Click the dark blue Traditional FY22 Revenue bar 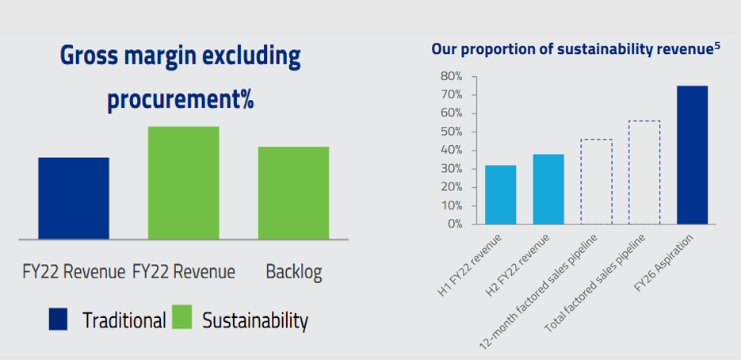tap(74, 198)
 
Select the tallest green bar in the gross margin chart tap(184, 182)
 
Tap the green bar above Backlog tap(293, 193)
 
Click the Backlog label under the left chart tap(293, 272)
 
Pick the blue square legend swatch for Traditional tap(60, 319)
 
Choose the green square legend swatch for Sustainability tap(183, 319)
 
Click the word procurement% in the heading tap(180, 101)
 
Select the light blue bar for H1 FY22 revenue tap(500, 194)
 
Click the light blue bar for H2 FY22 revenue tap(548, 189)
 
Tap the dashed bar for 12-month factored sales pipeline tap(596, 182)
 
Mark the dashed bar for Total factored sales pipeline tap(644, 172)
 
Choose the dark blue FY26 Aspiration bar tap(692, 155)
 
